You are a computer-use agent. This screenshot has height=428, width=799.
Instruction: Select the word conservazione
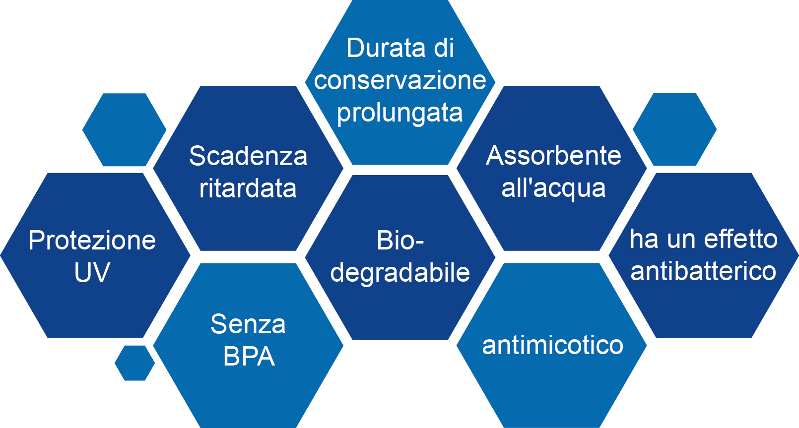tap(400, 80)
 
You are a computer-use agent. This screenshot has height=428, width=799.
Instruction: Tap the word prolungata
tap(400, 113)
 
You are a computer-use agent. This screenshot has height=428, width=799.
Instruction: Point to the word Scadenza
tap(248, 156)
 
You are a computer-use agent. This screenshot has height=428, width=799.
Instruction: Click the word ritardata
tap(248, 188)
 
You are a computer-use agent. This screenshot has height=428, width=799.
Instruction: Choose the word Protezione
tap(92, 241)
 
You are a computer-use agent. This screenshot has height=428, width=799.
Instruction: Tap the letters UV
tap(92, 272)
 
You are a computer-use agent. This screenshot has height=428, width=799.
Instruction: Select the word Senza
tap(248, 324)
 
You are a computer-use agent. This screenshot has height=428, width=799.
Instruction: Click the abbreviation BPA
tap(249, 357)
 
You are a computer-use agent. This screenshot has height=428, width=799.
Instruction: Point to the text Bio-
tap(400, 241)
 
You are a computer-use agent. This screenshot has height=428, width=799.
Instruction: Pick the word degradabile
tap(400, 273)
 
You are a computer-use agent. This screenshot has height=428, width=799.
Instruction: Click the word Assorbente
tap(553, 156)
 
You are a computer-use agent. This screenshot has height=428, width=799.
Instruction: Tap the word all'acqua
tap(553, 188)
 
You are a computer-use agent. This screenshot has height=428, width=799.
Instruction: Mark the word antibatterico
tap(703, 271)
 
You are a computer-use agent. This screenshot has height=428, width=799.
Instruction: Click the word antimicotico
tap(552, 345)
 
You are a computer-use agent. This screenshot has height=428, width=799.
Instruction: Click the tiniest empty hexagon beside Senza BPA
tap(134, 363)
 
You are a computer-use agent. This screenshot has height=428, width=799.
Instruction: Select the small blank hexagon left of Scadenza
tap(124, 129)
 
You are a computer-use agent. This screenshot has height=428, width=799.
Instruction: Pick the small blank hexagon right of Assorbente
tap(674, 129)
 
